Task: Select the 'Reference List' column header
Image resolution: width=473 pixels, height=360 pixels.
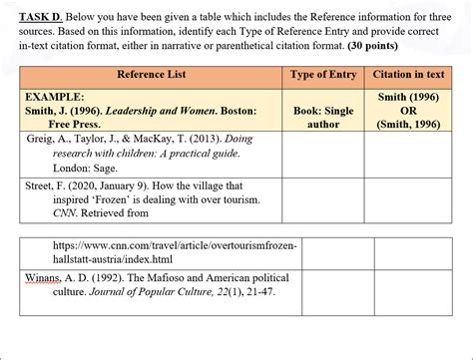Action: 151,75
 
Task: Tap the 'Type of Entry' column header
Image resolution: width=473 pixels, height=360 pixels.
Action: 322,75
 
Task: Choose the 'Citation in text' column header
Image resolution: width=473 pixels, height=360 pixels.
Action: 407,75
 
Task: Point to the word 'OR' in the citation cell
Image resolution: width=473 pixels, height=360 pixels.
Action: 407,112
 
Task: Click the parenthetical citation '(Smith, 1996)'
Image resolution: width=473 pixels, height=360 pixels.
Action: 407,126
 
